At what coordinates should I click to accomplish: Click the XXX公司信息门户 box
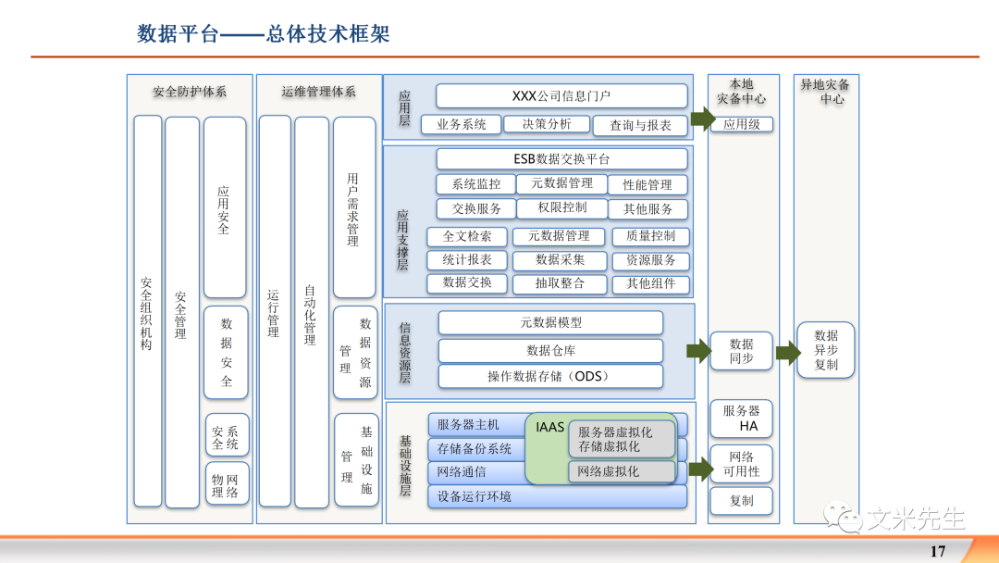coord(561,95)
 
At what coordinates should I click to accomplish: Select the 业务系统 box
coord(461,124)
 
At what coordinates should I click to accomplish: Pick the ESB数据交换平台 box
coord(561,158)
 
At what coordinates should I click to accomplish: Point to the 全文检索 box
coord(466,236)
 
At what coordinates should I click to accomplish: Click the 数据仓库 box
coord(550,351)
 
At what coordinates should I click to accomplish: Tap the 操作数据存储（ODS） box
coord(550,376)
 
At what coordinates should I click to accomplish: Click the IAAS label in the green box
coord(549,428)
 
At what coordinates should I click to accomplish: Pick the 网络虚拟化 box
coord(622,471)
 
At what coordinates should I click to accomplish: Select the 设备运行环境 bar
coord(557,497)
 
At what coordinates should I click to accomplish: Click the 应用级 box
coord(741,124)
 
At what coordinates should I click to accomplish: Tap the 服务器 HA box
coord(741,419)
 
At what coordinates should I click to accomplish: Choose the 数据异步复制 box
coord(826,350)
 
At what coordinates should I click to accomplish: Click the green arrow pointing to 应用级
coord(702,119)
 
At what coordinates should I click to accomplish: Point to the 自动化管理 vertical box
coord(311,311)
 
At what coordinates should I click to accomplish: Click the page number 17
coord(937,551)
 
